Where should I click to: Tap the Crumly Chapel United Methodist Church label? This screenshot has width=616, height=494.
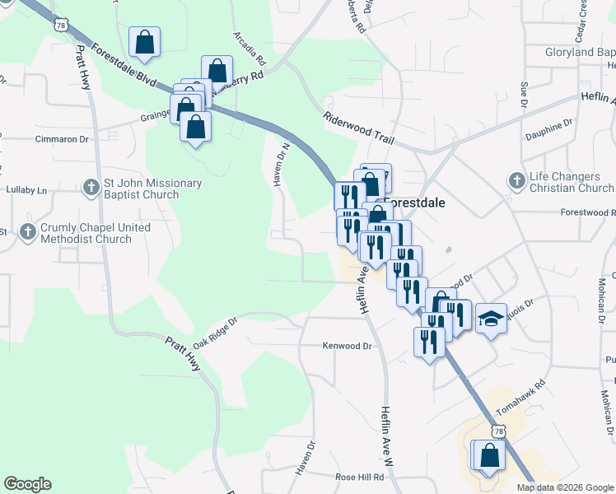point(86,233)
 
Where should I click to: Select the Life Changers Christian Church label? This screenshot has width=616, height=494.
point(572,183)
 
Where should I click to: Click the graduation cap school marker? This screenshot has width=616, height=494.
point(491,318)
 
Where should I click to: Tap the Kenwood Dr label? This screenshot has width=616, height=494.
point(348,347)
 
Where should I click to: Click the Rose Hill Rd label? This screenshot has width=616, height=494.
point(360,477)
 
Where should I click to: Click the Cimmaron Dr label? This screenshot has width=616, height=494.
point(61,139)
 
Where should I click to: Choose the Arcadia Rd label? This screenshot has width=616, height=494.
point(250,49)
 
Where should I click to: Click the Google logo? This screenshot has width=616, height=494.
point(27,484)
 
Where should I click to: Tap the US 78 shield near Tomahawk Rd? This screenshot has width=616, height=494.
point(497,431)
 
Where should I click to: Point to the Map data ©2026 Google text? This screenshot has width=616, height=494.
point(564,487)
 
